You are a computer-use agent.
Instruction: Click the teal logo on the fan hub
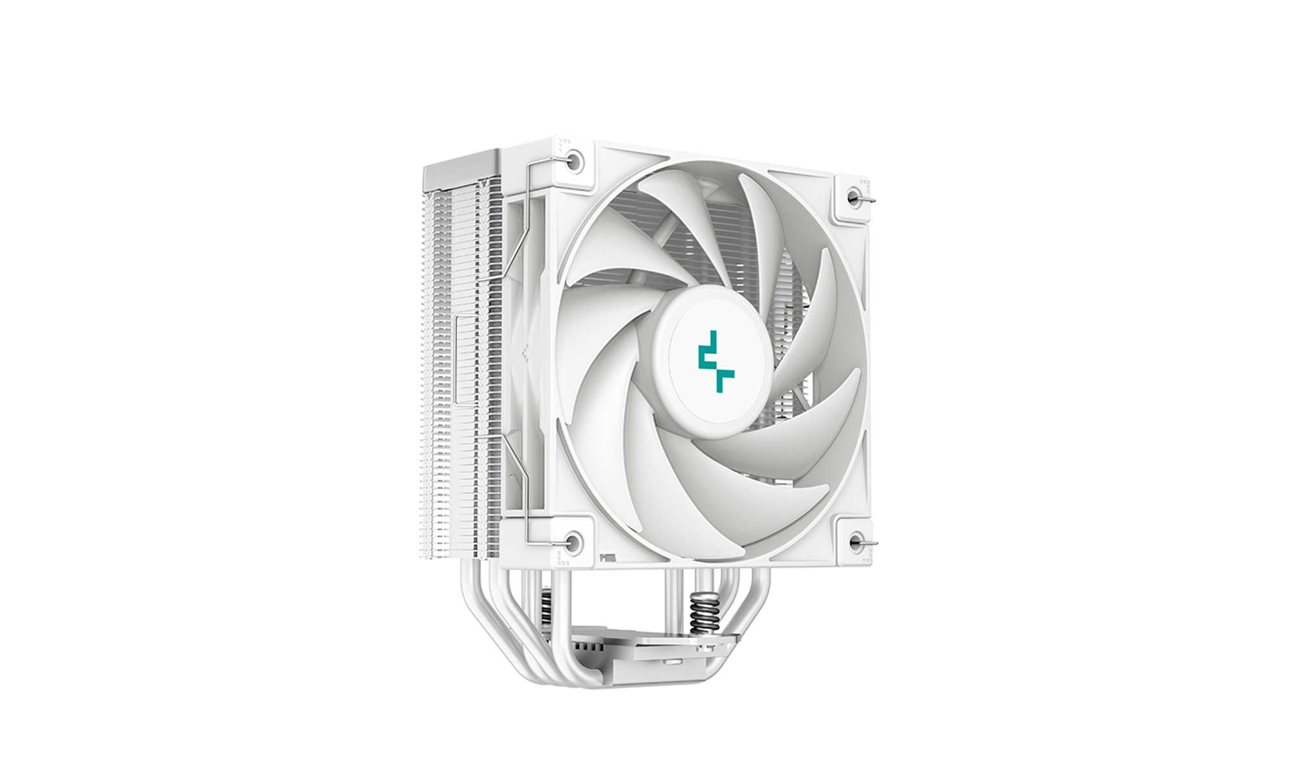716,361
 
